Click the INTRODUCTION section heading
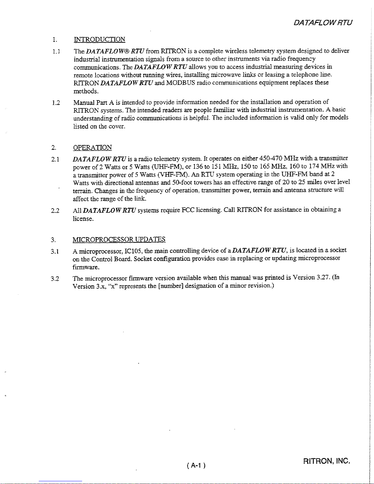(x=99, y=39)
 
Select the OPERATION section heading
(x=92, y=147)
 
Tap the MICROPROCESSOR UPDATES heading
(x=119, y=239)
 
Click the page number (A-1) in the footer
(x=195, y=465)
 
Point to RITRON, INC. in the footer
(x=326, y=461)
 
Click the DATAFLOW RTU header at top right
(x=323, y=23)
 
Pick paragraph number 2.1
(x=55, y=159)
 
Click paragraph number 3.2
(x=55, y=278)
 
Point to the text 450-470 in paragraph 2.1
(x=271, y=158)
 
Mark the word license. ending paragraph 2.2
(x=83, y=219)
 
